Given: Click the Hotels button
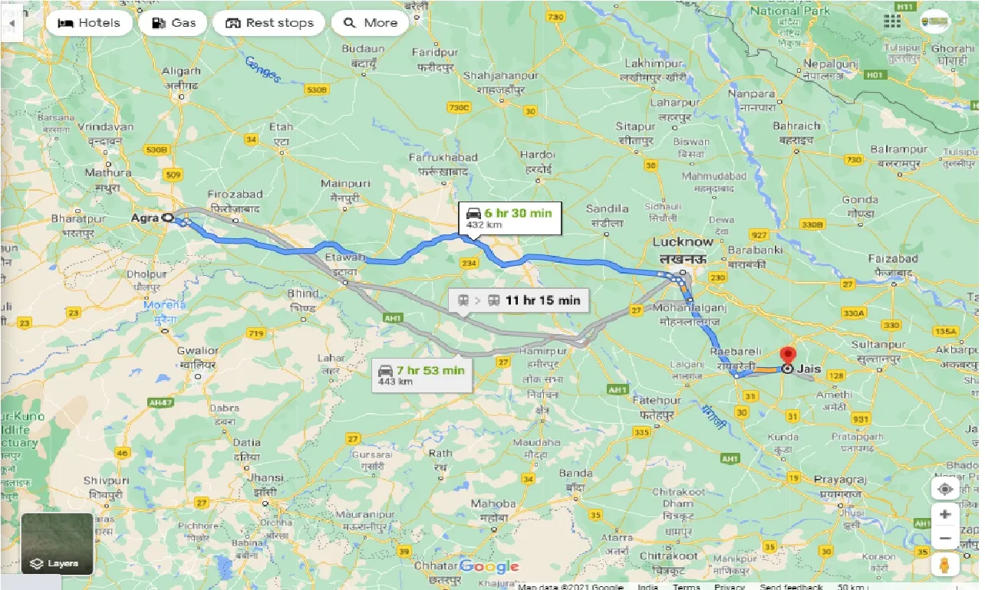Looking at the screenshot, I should click(89, 23).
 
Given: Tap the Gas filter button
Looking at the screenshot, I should click(173, 23).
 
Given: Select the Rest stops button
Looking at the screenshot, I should click(269, 23).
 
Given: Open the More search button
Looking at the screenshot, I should click(371, 23).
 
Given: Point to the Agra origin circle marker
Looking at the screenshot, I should click(166, 218).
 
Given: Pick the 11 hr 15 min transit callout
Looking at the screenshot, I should click(519, 300).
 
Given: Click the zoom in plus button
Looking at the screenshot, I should click(944, 514).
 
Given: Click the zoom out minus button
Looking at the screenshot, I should click(944, 538).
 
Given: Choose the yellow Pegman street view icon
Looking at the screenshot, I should click(944, 565).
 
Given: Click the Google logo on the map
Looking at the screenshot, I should click(489, 567).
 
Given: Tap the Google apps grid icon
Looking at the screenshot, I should click(891, 21).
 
